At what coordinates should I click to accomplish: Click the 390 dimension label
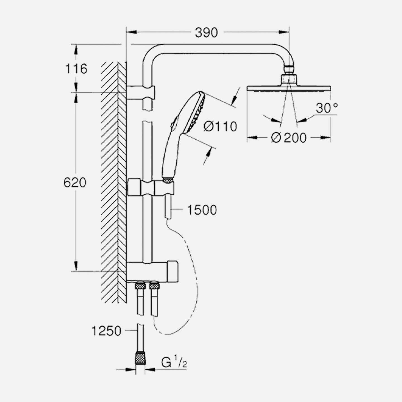point(206,33)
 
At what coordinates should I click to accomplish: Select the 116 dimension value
point(76,69)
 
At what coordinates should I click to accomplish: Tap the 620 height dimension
point(75,183)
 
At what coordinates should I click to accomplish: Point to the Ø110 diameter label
point(220,126)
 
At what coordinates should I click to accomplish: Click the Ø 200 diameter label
point(289,138)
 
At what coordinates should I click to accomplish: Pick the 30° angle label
point(327,108)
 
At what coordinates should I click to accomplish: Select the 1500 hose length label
point(202,210)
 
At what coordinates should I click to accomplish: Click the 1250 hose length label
point(106,331)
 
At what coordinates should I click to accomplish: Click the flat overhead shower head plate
point(289,88)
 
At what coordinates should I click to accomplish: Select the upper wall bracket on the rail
point(141,92)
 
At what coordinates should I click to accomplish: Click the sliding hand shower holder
point(150,187)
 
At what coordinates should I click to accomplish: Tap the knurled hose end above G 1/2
point(140,358)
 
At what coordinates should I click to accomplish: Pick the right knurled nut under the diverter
point(154,285)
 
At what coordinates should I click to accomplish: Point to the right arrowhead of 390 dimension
point(284,32)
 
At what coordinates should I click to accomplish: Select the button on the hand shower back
point(174,122)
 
